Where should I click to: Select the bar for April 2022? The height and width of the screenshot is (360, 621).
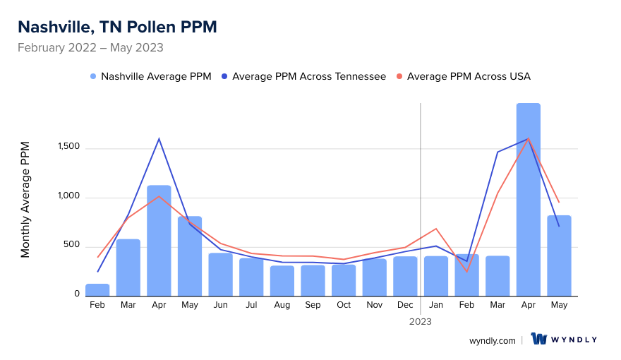point(159,241)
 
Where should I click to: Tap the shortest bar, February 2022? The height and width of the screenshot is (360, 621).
point(97,290)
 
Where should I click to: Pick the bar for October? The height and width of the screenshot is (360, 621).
point(344,280)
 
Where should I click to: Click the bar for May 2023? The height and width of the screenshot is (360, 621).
point(559,256)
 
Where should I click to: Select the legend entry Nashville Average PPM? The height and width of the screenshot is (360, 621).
point(150,76)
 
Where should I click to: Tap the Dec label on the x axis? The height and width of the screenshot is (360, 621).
point(405,305)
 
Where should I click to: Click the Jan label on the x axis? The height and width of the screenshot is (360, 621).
point(436,305)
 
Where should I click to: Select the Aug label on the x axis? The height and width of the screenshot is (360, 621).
point(282,305)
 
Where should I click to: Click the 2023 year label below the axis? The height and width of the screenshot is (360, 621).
point(421,321)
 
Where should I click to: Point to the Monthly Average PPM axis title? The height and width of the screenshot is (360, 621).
point(25,199)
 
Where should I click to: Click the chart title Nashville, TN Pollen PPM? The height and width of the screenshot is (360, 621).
point(117,27)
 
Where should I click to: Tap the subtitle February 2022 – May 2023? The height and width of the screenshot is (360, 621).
point(90,48)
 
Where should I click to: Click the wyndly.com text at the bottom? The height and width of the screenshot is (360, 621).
point(492,340)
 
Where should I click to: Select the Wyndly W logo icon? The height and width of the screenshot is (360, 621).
point(539,339)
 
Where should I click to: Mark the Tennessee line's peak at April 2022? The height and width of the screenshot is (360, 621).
point(159,138)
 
